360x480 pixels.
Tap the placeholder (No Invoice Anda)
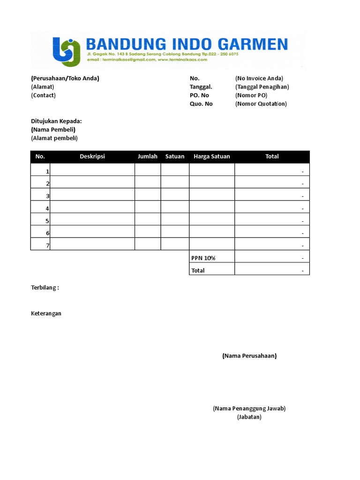click(259, 79)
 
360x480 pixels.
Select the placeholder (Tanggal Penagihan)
click(262, 87)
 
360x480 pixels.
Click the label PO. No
click(199, 96)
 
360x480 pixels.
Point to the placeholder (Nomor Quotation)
click(261, 104)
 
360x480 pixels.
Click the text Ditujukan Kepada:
click(56, 121)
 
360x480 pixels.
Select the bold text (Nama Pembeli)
click(53, 130)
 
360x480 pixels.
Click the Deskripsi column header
click(92, 157)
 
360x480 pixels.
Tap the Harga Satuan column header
click(212, 157)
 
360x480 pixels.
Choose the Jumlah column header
click(148, 157)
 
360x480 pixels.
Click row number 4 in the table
click(47, 209)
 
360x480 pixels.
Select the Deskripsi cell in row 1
click(92, 170)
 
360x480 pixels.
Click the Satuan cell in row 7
click(175, 244)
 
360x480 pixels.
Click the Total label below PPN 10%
click(198, 270)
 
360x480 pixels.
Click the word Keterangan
click(46, 314)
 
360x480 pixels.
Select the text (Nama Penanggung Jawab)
click(249, 409)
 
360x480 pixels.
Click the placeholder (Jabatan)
click(249, 417)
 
